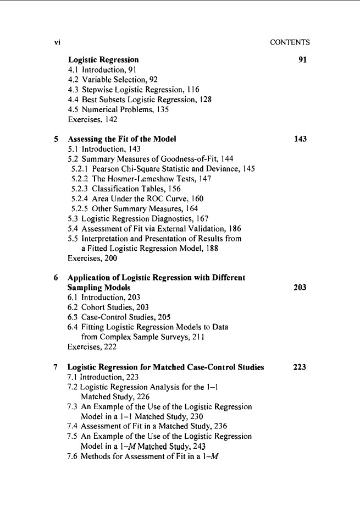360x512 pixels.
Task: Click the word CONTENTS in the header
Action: click(x=290, y=42)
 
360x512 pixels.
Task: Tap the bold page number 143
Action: click(x=300, y=139)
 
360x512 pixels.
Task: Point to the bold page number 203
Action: click(x=300, y=287)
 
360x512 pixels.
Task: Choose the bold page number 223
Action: click(x=300, y=367)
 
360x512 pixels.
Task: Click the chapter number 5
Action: click(x=57, y=139)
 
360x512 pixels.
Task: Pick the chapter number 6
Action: click(x=57, y=277)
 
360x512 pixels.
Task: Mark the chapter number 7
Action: click(x=57, y=367)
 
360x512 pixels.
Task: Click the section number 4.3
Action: click(x=74, y=89)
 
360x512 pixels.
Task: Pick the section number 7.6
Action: click(x=74, y=455)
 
